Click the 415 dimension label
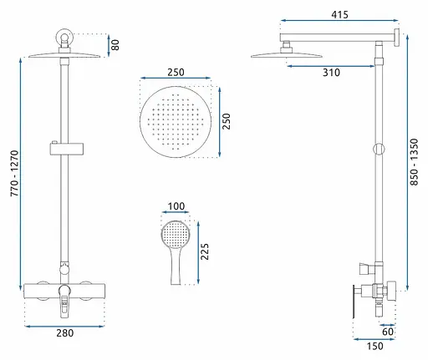pos(339,14)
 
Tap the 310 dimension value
pos(331,73)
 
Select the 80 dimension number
pos(115,45)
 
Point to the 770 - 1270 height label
pos(14,173)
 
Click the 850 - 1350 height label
pos(415,162)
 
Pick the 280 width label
pos(65,333)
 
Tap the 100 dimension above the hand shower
pos(176,206)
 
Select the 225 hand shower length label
pos(205,251)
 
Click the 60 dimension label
pos(388,332)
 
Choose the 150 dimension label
pos(374,346)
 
